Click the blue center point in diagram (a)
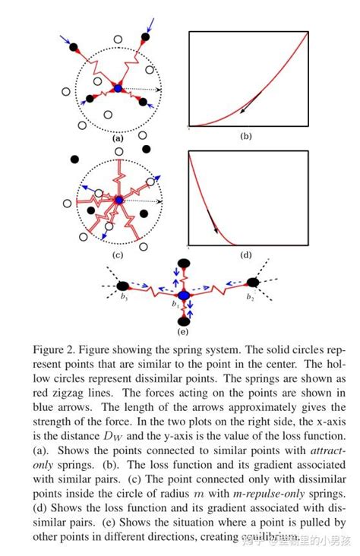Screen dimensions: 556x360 [118, 90]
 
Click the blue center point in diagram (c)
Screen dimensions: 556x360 [119, 200]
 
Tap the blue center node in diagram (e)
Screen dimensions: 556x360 [182, 295]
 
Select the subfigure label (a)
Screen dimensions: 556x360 [118, 139]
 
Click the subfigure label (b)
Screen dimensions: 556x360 [245, 137]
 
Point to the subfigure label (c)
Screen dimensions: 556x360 [118, 254]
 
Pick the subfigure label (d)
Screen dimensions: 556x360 [245, 254]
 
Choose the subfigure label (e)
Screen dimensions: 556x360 [182, 331]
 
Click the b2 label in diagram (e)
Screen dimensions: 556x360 [249, 299]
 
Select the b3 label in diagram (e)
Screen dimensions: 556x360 [122, 298]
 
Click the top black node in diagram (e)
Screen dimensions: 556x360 [182, 262]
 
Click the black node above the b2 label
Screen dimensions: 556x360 [253, 283]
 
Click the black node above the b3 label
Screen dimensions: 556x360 [122, 286]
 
